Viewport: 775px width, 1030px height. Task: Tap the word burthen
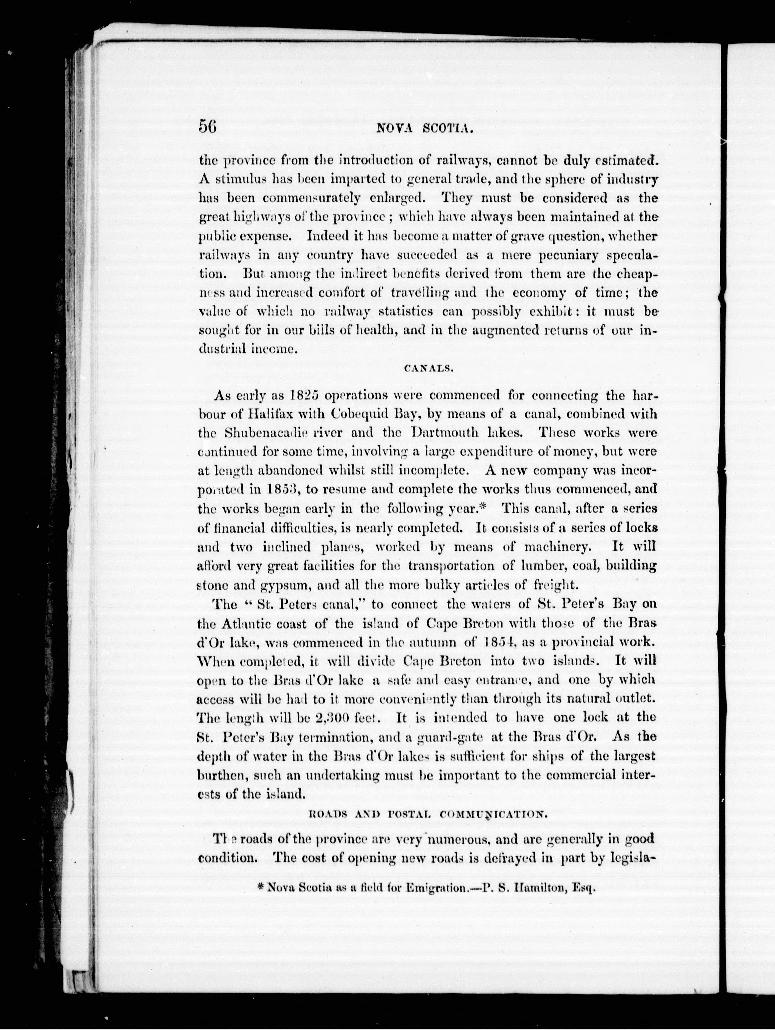pos(221,775)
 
